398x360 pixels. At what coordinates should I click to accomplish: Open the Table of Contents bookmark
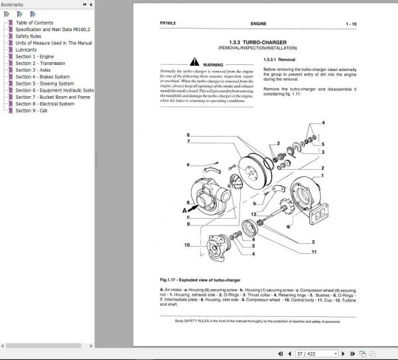(34, 23)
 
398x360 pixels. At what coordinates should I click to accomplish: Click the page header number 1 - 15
(351, 25)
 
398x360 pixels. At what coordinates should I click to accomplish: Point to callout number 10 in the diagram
(187, 245)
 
